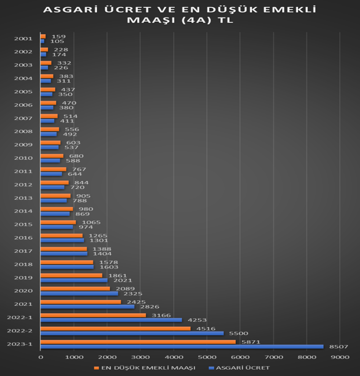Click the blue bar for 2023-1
pyautogui.click(x=182, y=347)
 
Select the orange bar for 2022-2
pyautogui.click(x=115, y=329)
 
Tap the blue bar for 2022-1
pyautogui.click(x=111, y=320)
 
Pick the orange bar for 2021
pyautogui.click(x=80, y=302)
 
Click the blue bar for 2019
pyautogui.click(x=74, y=280)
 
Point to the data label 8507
pyautogui.click(x=338, y=347)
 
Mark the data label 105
pyautogui.click(x=57, y=41)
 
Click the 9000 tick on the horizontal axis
pyautogui.click(x=340, y=357)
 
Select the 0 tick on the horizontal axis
pyautogui.click(x=40, y=357)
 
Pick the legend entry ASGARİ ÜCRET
pyautogui.click(x=241, y=368)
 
